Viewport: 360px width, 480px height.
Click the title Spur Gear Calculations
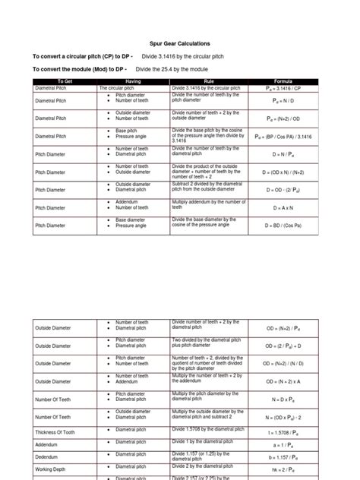pyautogui.click(x=179, y=44)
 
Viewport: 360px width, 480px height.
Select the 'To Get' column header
pyautogui.click(x=65, y=80)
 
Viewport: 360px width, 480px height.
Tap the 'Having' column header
pyautogui.click(x=133, y=80)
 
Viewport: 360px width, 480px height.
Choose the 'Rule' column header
pyautogui.click(x=209, y=80)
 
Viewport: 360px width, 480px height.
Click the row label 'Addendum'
pyautogui.click(x=46, y=445)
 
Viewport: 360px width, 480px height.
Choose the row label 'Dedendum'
pyautogui.click(x=47, y=458)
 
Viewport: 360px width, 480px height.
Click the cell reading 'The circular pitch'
pyautogui.click(x=122, y=87)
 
